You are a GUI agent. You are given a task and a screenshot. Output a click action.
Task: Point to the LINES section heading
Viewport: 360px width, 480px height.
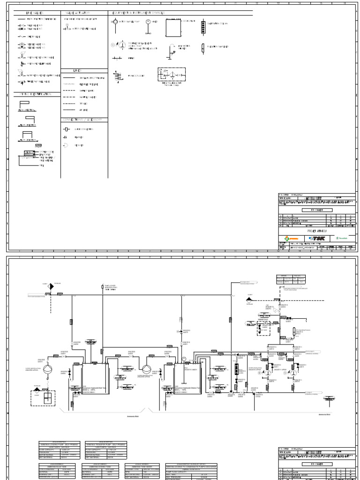pyautogui.click(x=77, y=70)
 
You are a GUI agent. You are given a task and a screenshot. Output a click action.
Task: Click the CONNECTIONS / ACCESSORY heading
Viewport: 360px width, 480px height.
pyautogui.click(x=82, y=120)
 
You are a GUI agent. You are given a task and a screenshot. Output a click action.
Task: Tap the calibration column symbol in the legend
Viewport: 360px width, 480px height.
pyautogui.click(x=202, y=26)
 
